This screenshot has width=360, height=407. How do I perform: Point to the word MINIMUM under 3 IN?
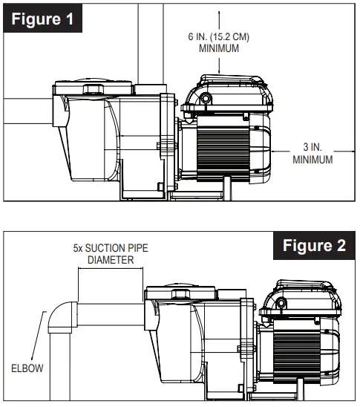click(312, 159)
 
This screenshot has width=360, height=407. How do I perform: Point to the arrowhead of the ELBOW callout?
click(44, 313)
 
